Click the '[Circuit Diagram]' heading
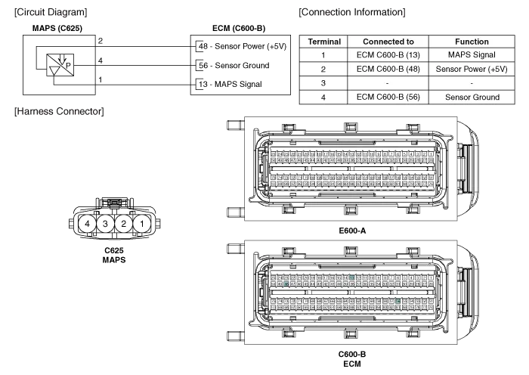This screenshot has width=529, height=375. pyautogui.click(x=51, y=12)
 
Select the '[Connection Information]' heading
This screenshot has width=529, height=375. pyautogui.click(x=351, y=12)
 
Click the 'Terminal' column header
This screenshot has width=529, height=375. pyautogui.click(x=323, y=42)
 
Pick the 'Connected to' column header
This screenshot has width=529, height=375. pyautogui.click(x=388, y=42)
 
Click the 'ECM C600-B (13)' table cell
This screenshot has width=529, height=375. pyautogui.click(x=388, y=55)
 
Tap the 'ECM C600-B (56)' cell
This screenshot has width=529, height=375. pyautogui.click(x=388, y=97)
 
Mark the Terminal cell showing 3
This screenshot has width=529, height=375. pyautogui.click(x=323, y=82)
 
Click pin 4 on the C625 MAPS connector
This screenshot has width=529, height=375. pyautogui.click(x=88, y=224)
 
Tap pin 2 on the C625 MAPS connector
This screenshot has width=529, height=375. pyautogui.click(x=123, y=224)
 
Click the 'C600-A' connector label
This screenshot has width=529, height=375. pyautogui.click(x=353, y=229)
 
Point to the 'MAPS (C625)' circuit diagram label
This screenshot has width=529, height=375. pyautogui.click(x=57, y=29)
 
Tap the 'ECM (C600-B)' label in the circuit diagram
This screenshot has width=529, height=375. pyautogui.click(x=239, y=29)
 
